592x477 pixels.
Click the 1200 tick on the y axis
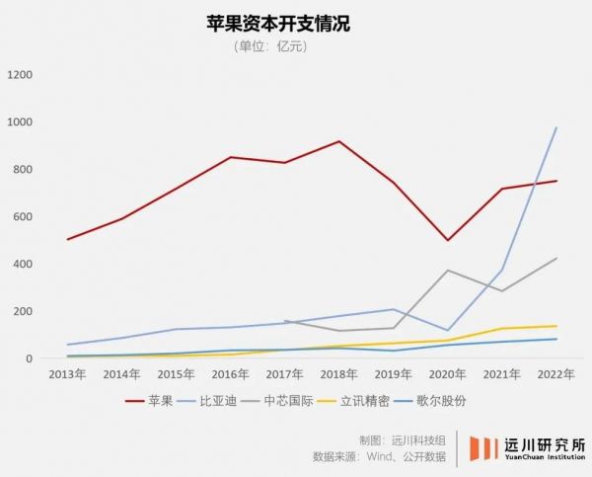(x=20, y=75)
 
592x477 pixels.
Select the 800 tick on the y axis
(x=23, y=170)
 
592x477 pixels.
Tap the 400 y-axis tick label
(x=23, y=265)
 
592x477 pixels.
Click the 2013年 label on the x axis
(x=66, y=375)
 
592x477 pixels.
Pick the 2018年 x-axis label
(x=338, y=375)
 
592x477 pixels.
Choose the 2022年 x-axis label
(x=556, y=375)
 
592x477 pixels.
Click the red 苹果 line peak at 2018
(x=338, y=141)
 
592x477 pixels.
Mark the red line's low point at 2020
(x=448, y=240)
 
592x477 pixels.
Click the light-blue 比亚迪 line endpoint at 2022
(x=556, y=127)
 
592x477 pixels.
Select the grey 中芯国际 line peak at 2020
(x=448, y=271)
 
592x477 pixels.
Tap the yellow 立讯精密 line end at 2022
(x=556, y=326)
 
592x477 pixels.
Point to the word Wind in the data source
(x=387, y=457)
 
